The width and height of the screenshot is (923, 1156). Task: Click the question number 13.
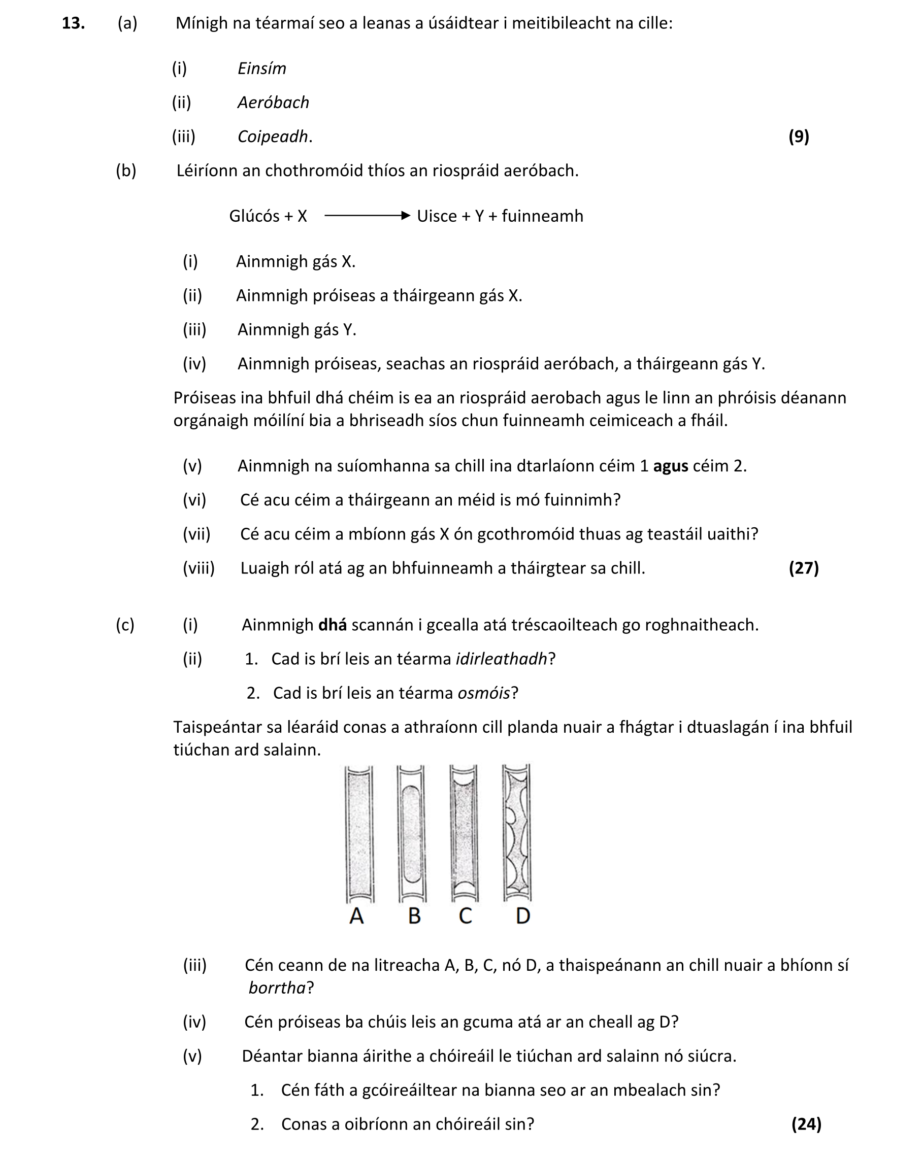[74, 23]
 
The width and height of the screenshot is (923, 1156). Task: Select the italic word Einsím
[262, 68]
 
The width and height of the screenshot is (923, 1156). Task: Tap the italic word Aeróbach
[273, 102]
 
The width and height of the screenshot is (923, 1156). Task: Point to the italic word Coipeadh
[273, 136]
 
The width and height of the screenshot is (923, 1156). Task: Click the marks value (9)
[798, 136]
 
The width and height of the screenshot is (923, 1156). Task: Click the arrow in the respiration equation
[368, 216]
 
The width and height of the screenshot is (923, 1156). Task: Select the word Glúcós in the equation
[253, 216]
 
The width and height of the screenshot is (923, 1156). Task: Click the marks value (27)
[803, 567]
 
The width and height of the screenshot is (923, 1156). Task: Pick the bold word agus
[670, 465]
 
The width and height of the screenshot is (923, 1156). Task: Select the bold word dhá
[332, 625]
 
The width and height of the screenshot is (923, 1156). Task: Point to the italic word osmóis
[483, 693]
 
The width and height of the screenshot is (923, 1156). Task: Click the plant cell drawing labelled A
[359, 834]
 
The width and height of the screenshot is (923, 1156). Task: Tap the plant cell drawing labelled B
[411, 834]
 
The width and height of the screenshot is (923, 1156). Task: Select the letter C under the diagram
[465, 916]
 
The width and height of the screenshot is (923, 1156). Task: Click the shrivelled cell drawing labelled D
[516, 834]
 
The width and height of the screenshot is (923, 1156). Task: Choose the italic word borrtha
[277, 988]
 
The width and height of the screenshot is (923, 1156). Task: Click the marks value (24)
[806, 1124]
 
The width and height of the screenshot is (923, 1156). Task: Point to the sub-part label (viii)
[199, 567]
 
